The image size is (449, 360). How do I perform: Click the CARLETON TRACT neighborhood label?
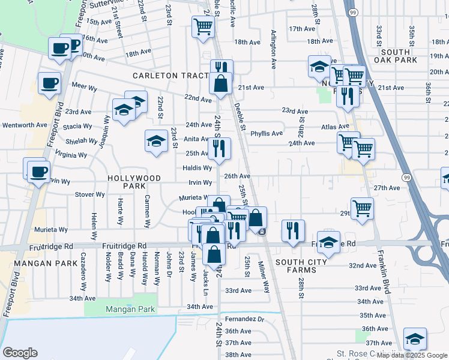[x=171, y=76]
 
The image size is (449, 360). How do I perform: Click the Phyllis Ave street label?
[x=267, y=134]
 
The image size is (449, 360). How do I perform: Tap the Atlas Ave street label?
[x=334, y=127]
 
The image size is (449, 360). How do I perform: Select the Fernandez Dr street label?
[x=244, y=319]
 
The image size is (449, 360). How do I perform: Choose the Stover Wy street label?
[x=89, y=194]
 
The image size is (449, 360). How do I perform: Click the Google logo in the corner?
[x=20, y=353]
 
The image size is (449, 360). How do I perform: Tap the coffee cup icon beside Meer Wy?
[x=49, y=83]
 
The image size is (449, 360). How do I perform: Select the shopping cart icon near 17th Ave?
[x=203, y=26]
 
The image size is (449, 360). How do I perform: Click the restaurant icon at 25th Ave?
[x=219, y=148]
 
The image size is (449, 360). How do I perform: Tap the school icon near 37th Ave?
[x=414, y=338]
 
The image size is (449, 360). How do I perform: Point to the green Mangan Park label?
[x=130, y=310]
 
